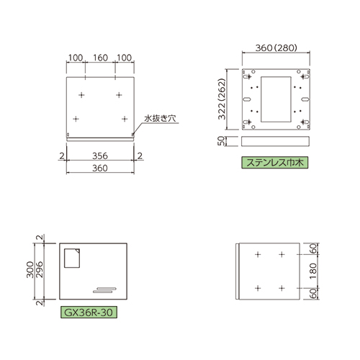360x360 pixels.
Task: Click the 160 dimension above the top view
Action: pos(101,57)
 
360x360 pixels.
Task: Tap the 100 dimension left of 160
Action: pos(76,57)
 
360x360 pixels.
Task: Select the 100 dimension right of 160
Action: pos(125,57)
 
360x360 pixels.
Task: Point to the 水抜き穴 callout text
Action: pos(159,117)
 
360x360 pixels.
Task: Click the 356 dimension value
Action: pos(101,155)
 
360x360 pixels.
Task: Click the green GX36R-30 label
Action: pos(86,313)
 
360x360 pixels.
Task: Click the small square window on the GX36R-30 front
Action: pos(71,258)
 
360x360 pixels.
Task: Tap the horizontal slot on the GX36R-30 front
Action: pos(103,289)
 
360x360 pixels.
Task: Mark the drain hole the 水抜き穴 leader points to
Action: pos(134,132)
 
